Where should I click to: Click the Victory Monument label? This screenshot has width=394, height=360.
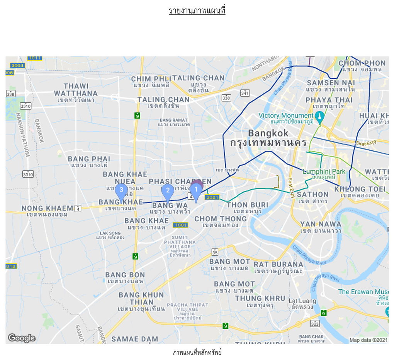286,116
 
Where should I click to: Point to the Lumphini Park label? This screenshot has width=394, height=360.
324,172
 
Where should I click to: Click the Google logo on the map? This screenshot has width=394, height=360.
22,338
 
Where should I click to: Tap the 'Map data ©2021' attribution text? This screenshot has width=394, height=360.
368,340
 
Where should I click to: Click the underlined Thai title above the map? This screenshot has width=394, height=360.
197,10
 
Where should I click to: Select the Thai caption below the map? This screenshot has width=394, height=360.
197,352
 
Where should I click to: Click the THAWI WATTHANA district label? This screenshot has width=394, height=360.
76,90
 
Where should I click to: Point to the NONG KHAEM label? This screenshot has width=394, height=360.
47,208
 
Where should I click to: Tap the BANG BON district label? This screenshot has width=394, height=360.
125,275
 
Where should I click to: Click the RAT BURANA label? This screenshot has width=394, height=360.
278,265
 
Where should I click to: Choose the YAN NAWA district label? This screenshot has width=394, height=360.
321,224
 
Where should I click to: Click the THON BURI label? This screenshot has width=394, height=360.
247,205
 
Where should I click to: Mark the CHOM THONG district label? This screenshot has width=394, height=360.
220,219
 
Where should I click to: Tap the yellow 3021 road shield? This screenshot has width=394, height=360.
212,197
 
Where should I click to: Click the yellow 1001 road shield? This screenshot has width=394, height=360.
180,225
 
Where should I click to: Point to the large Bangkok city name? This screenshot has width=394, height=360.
268,134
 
